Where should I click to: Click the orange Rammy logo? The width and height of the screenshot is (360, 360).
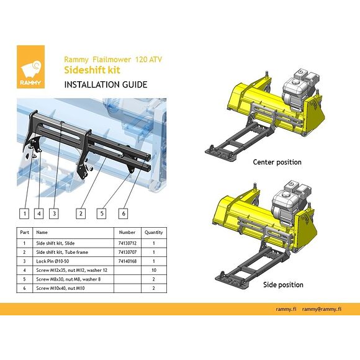click(x=31, y=67)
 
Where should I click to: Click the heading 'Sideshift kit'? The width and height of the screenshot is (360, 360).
click(x=92, y=70)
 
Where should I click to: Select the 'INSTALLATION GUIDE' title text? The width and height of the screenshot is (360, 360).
click(x=106, y=84)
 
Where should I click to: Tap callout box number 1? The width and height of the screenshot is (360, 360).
click(x=24, y=214)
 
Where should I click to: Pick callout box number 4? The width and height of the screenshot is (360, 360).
click(x=39, y=214)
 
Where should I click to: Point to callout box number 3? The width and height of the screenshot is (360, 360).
click(x=54, y=214)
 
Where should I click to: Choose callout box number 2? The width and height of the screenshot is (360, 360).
click(x=81, y=214)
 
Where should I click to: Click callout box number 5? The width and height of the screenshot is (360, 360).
click(x=101, y=214)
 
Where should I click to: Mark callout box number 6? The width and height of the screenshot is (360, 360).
click(x=124, y=214)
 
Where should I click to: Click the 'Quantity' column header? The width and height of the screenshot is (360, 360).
click(x=154, y=232)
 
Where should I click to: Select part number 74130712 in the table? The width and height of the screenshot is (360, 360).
click(x=127, y=243)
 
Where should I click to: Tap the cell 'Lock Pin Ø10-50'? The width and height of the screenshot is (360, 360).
click(x=53, y=261)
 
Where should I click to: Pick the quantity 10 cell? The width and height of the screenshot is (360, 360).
click(x=154, y=270)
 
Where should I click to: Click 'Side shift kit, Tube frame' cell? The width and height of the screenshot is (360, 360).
click(x=62, y=252)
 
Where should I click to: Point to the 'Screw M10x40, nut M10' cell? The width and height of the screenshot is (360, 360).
click(x=60, y=288)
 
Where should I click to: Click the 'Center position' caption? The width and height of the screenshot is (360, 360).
click(x=277, y=162)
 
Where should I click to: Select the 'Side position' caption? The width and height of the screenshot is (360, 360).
click(x=283, y=285)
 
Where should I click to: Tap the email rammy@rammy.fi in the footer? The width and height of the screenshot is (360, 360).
click(x=322, y=309)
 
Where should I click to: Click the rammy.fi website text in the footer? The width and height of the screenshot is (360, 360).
click(x=286, y=309)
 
